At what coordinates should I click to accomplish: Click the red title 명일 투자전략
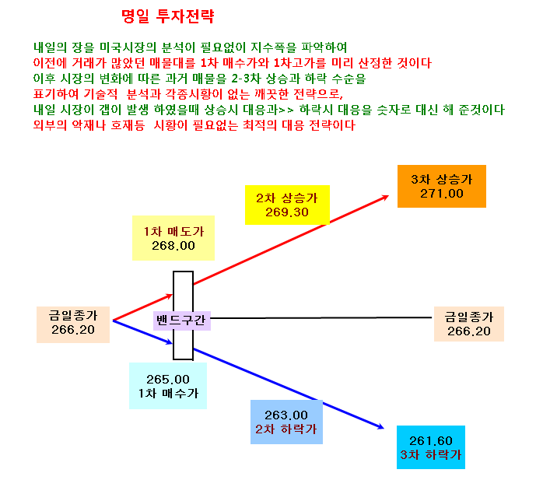pos(168,16)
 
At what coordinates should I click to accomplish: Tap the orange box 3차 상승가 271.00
pos(442,187)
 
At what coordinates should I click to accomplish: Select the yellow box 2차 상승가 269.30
pos(287,205)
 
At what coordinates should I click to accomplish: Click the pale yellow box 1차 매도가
pos(173,238)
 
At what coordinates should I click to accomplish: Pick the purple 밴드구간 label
pos(182,321)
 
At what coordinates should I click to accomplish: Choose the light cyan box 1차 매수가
pos(168,386)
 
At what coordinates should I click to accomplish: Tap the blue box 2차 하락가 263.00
pos(286,422)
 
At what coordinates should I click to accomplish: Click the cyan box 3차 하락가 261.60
pos(431,447)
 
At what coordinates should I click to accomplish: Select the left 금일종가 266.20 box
pos(73,324)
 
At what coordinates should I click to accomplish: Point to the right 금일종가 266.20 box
pos(469,324)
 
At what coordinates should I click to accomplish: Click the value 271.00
pos(442,194)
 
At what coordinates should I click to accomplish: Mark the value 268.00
pos(173,246)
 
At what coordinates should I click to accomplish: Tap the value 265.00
pos(168,379)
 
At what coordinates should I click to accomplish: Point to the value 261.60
pos(431,440)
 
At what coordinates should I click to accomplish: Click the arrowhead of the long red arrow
pos(387,197)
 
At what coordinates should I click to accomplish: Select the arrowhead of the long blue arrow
pos(381,427)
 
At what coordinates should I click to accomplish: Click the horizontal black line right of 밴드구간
pos(321,318)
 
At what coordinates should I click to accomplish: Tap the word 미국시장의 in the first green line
pos(128,47)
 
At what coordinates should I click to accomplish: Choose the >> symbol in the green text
pos(286,110)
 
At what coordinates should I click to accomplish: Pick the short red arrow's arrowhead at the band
pos(170,296)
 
